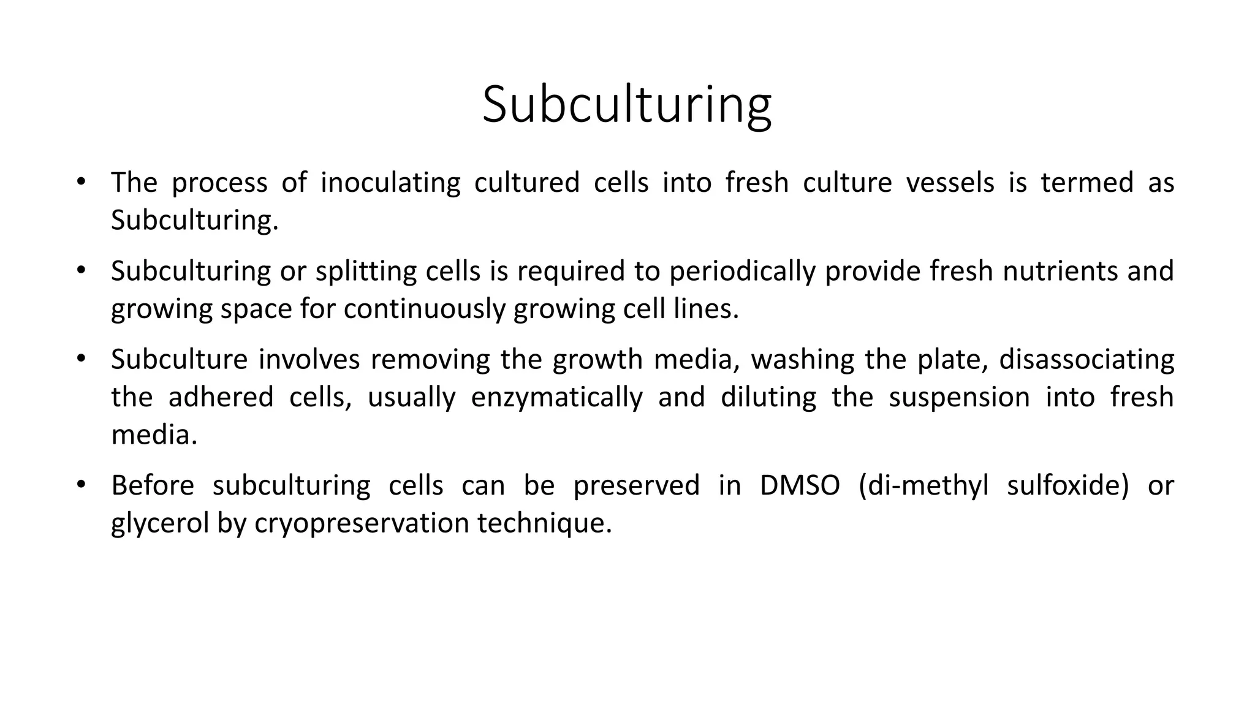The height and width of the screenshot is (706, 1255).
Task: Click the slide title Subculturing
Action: point(626,105)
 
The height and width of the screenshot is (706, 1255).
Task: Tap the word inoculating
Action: point(390,183)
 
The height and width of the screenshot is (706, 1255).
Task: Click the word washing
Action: point(802,359)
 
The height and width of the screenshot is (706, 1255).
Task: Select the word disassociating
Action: point(1086,359)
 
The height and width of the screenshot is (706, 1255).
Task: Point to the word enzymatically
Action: point(557,398)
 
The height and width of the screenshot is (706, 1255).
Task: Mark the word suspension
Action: point(959,398)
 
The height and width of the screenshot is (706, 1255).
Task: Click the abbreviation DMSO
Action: point(800,485)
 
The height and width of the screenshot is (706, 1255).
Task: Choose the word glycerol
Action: point(160,523)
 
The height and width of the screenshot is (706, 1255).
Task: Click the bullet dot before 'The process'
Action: point(81,182)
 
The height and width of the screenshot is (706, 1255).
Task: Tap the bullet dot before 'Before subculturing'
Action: point(81,485)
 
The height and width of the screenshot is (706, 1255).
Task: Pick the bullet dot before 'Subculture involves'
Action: point(81,359)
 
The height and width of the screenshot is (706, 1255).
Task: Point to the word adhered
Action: point(221,398)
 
